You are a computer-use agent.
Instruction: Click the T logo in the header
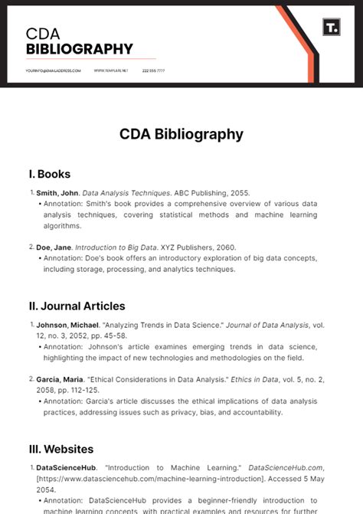coord(331,28)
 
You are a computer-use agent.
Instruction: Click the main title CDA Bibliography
coord(181,134)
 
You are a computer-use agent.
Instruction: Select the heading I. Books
coord(50,174)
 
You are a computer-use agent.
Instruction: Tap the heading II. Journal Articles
coord(77,306)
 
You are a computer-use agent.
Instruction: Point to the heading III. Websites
coord(61,449)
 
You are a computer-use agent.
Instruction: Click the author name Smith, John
coord(57,193)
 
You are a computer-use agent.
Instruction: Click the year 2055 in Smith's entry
coord(239,193)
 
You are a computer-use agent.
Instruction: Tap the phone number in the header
coord(153,70)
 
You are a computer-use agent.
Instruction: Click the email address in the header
coord(53,70)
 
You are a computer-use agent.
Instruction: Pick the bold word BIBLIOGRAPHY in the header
coord(79,50)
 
